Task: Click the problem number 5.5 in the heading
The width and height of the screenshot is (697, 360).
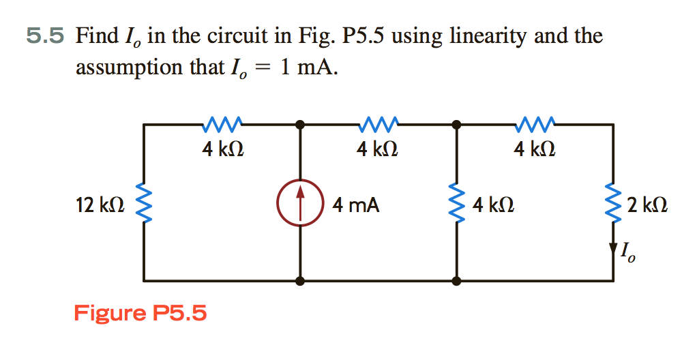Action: click(x=46, y=35)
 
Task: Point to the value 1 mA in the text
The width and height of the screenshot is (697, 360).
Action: click(x=308, y=67)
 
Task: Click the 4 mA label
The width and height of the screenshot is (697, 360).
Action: click(x=355, y=204)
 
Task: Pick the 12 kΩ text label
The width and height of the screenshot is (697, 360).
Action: click(x=100, y=204)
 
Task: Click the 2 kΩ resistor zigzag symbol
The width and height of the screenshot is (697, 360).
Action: click(x=612, y=203)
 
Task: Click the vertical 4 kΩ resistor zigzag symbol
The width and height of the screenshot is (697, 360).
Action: click(x=456, y=203)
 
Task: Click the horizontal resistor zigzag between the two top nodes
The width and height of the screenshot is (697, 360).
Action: click(x=377, y=124)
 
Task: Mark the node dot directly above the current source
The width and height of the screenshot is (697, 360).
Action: click(x=299, y=125)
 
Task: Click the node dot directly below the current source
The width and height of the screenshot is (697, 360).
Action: click(x=299, y=280)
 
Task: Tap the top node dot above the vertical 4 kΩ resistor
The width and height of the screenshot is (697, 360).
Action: click(x=456, y=125)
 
